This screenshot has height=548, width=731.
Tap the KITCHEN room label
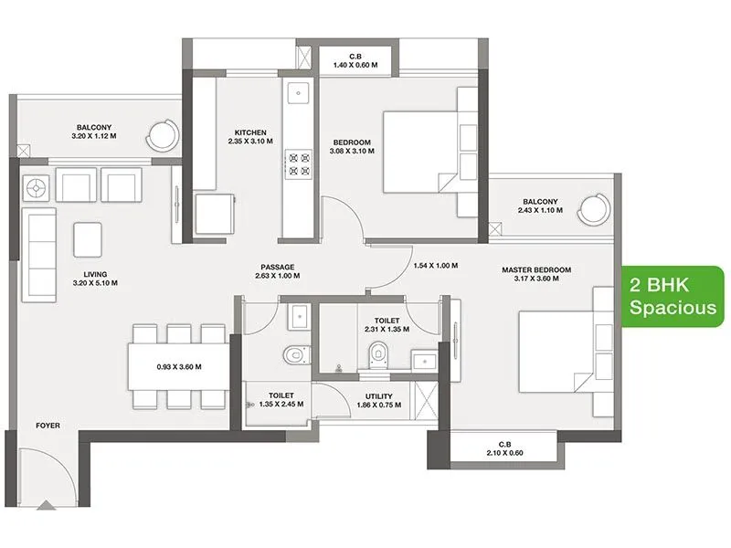tap(249, 137)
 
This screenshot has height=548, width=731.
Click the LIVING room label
tap(94, 277)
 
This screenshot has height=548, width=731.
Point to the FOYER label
tap(48, 426)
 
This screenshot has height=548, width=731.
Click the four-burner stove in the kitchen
tap(299, 163)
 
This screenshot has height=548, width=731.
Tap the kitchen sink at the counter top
tap(298, 92)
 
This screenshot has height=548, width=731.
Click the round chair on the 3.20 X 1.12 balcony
tap(165, 134)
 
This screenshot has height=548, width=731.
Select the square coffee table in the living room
tap(90, 239)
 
